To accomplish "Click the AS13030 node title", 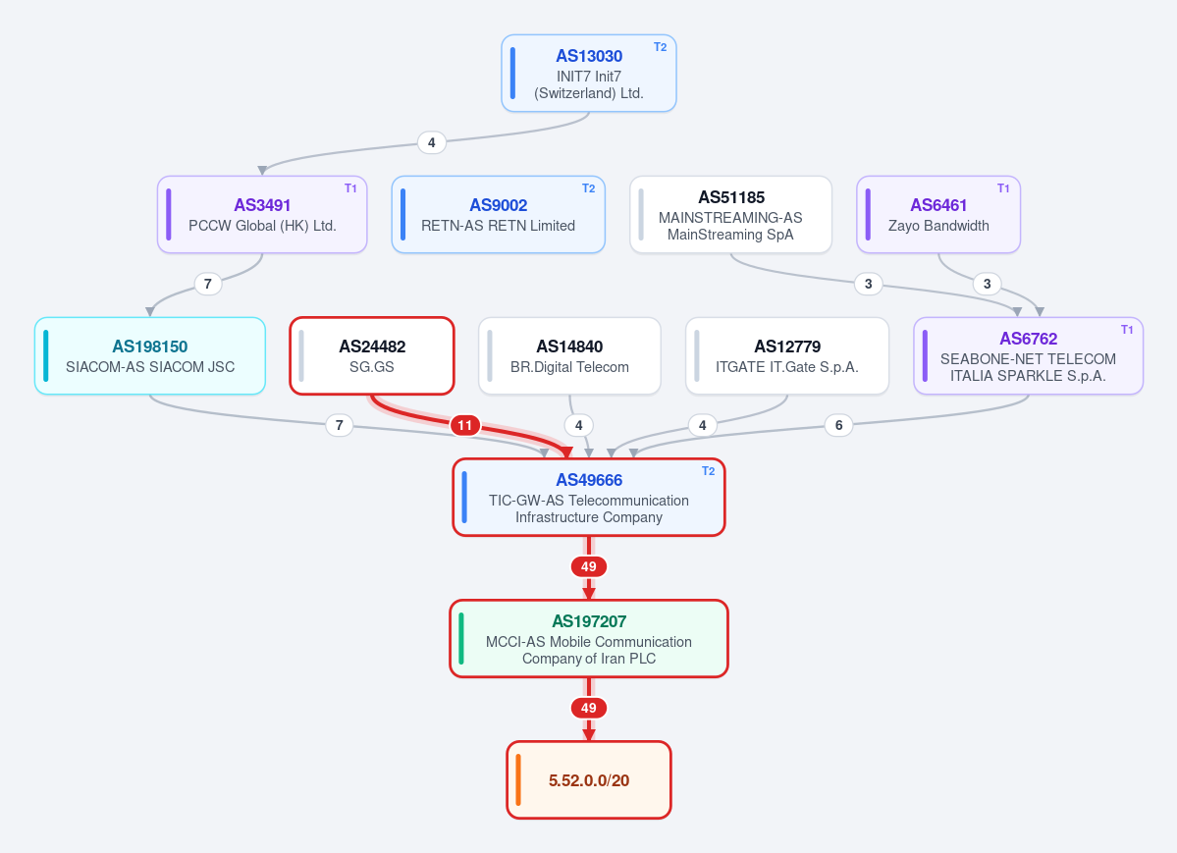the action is point(589,56).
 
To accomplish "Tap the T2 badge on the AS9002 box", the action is point(589,188).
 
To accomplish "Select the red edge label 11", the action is point(464,426).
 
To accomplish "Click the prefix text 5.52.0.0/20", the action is point(589,781).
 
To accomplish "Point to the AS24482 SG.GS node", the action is point(372,356).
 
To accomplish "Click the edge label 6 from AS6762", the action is point(838,426).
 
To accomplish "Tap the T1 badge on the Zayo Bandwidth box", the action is point(1003,188).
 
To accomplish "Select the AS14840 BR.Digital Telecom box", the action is point(569,356).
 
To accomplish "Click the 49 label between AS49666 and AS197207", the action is point(589,567).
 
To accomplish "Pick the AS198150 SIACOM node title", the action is point(150,347).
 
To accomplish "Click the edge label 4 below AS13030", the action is point(432,142).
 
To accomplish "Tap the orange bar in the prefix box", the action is point(518,780).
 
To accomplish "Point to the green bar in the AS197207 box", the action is point(461,639).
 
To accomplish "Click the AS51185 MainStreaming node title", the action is point(732,197).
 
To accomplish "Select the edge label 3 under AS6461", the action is point(988,284).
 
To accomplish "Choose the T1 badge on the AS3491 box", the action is point(350,188).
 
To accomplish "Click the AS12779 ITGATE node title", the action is point(787,347).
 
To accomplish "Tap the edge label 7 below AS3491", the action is point(208,284).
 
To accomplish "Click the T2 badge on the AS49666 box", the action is point(708,471).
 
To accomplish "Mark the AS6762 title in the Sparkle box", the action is point(1029,339).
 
